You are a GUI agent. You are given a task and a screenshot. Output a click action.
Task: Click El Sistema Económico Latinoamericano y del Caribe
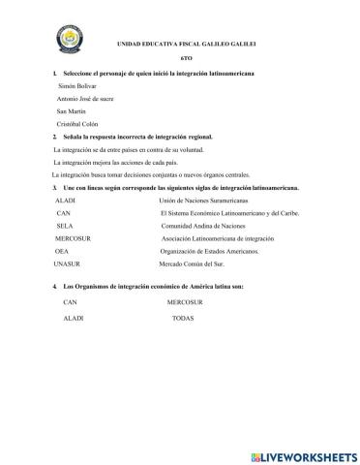coord(230,212)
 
